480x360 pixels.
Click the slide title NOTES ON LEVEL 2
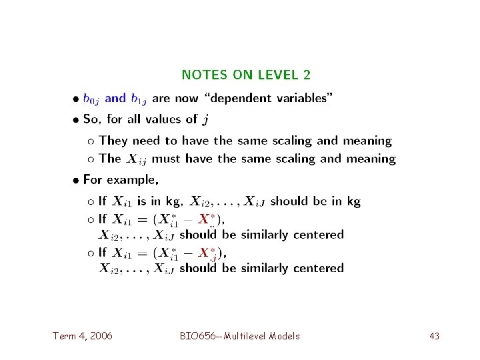(x=246, y=75)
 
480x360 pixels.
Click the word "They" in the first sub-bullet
(x=113, y=141)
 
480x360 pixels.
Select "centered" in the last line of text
(x=318, y=268)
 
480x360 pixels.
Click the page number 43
(x=434, y=336)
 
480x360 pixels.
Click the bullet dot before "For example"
(x=77, y=180)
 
